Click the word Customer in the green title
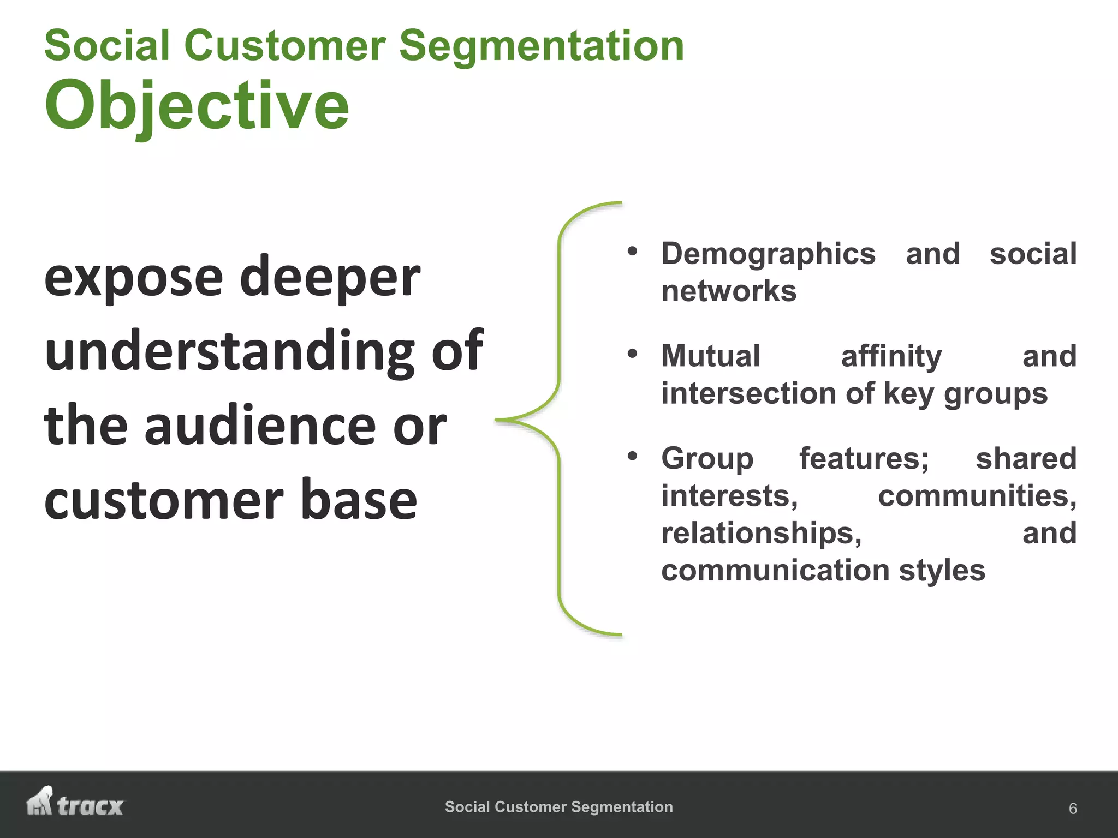click(285, 46)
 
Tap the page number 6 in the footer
click(1072, 808)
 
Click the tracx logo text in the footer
click(91, 806)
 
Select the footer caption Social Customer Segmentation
click(558, 806)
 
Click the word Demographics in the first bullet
click(768, 254)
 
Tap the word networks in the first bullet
click(729, 291)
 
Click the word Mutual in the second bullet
click(710, 356)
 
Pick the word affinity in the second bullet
click(891, 356)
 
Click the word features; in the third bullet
click(864, 458)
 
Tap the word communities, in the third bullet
click(977, 496)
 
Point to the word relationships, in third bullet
click(761, 533)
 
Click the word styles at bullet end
click(942, 571)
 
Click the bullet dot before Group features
click(632, 456)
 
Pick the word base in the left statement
click(359, 500)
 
